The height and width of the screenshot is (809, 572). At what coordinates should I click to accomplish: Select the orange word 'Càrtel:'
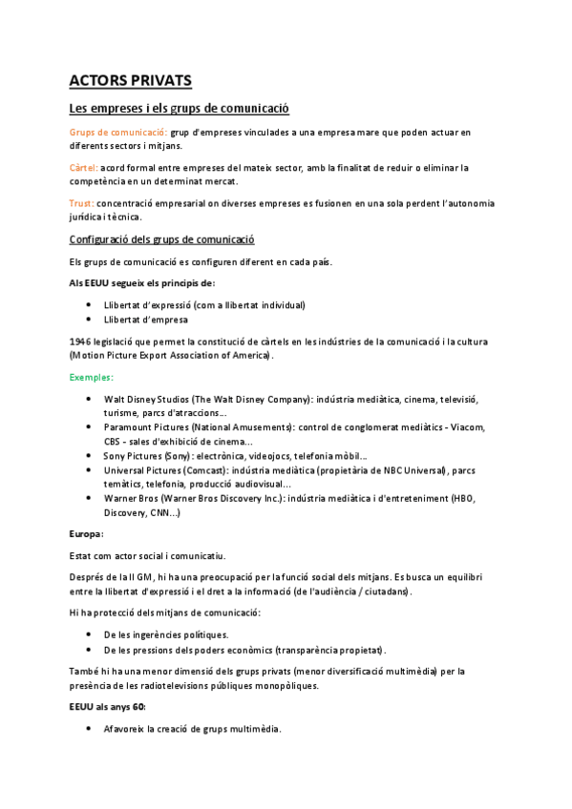83,167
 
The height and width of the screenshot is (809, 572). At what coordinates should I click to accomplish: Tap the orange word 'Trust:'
81,203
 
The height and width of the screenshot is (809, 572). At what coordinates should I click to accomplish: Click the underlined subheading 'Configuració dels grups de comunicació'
162,239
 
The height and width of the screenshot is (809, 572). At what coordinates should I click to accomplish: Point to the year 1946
81,341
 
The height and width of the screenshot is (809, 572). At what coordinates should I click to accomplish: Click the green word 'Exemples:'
91,377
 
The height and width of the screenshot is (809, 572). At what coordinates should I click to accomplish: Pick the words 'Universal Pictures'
143,470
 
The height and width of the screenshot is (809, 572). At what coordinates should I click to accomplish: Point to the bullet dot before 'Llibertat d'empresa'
89,320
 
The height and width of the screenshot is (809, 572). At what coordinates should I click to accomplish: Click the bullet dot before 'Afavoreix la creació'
89,729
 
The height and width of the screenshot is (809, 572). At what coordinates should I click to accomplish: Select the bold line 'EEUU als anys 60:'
108,707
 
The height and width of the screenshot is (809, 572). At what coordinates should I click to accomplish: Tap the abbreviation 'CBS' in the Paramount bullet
114,442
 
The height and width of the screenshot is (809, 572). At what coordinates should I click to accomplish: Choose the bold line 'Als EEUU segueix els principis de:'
142,282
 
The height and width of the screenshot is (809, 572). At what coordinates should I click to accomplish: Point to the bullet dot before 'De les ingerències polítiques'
89,634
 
